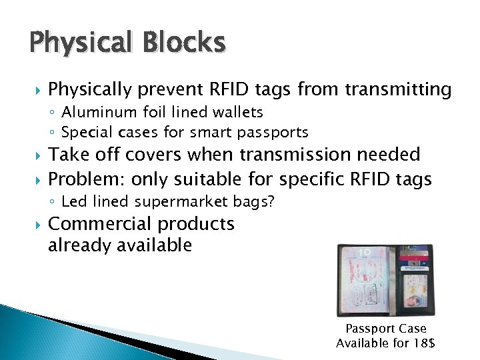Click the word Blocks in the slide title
[x=181, y=43]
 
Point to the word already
[x=79, y=245]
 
